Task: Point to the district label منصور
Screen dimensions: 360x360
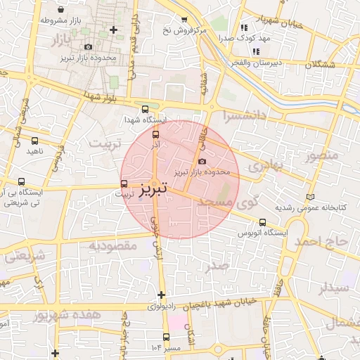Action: tap(323, 155)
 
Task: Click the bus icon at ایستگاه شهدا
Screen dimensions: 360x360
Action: tap(145, 109)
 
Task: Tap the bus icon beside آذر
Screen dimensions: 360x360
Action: tap(155, 134)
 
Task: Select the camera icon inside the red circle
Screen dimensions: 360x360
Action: tap(202, 162)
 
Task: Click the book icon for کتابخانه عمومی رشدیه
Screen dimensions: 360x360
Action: tap(310, 198)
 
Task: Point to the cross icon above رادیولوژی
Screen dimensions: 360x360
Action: tap(162, 294)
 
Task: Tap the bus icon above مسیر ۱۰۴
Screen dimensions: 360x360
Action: tap(166, 337)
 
